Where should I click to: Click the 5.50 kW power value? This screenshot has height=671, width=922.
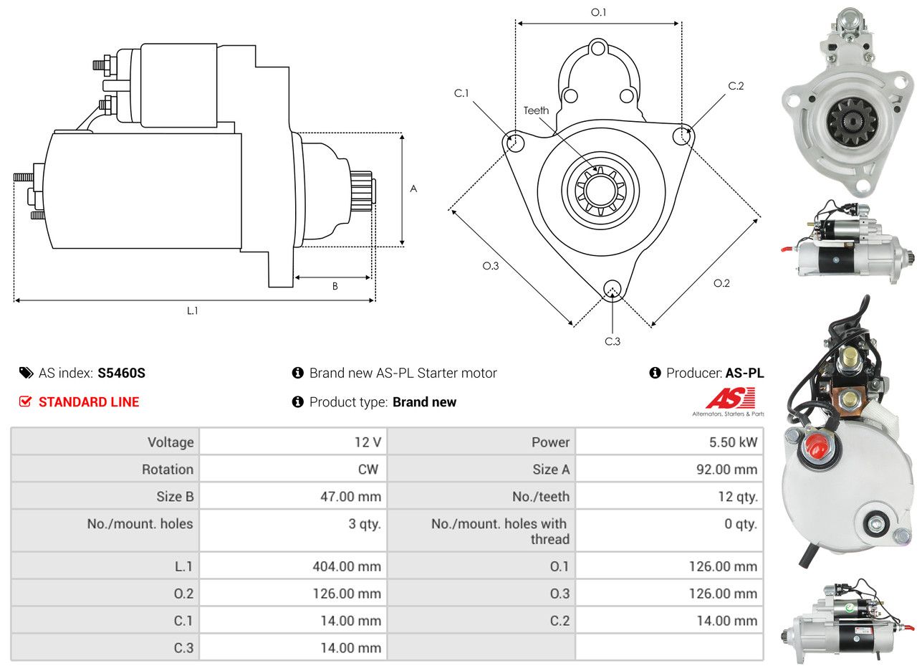[x=733, y=442]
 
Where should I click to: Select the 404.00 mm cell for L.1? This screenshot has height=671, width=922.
[x=347, y=566]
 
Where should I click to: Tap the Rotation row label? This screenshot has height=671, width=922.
[x=168, y=469]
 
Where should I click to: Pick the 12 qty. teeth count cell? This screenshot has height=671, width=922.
[x=738, y=497]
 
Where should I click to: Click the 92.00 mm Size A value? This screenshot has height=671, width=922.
[x=727, y=469]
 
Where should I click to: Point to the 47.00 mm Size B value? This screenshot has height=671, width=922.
[x=351, y=497]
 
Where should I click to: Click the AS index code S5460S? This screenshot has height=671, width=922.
[x=121, y=373]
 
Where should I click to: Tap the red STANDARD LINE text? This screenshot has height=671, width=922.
[x=89, y=402]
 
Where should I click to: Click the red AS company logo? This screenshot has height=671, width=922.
[x=730, y=398]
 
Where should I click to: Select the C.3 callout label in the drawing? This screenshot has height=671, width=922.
[x=612, y=341]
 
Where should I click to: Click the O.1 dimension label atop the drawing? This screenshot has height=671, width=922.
[x=598, y=13]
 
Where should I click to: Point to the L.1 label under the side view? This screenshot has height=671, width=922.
[x=192, y=311]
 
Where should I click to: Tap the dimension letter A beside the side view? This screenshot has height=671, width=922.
[x=413, y=189]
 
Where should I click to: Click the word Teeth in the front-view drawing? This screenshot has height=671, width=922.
[x=536, y=110]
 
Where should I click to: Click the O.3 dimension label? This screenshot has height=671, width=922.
[x=490, y=266]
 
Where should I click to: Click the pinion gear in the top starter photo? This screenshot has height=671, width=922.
[x=852, y=120]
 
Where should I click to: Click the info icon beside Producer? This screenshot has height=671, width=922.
[x=655, y=373]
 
